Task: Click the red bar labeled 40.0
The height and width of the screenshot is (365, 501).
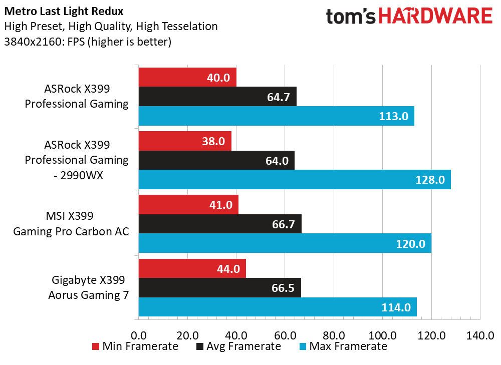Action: pyautogui.click(x=187, y=78)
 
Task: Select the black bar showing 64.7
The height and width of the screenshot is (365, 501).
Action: pyautogui.click(x=217, y=97)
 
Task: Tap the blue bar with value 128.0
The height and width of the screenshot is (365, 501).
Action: pyautogui.click(x=294, y=179)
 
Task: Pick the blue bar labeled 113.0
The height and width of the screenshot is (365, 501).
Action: pyautogui.click(x=276, y=116)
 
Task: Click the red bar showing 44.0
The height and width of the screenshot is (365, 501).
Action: pyautogui.click(x=192, y=269)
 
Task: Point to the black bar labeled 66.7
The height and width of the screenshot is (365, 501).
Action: pyautogui.click(x=219, y=224)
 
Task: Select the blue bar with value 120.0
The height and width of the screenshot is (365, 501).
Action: pyautogui.click(x=285, y=243)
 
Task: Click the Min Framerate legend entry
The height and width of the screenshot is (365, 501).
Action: pyautogui.click(x=135, y=346)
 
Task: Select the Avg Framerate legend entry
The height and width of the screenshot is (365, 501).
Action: pyautogui.click(x=238, y=346)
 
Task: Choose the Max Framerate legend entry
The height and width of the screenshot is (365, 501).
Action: pyautogui.click(x=343, y=346)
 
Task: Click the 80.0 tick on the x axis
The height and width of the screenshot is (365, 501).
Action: pyautogui.click(x=333, y=335)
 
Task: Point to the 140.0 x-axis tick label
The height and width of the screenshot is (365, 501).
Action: pyautogui.click(x=480, y=335)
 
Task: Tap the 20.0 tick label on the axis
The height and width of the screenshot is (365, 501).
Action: pyautogui.click(x=187, y=335)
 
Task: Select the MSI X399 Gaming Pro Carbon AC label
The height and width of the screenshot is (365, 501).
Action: pyautogui.click(x=71, y=224)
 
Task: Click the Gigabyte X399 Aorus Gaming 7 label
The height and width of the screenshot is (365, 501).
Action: pyautogui.click(x=88, y=288)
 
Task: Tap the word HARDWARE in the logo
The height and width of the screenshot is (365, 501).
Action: pyautogui.click(x=435, y=17)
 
